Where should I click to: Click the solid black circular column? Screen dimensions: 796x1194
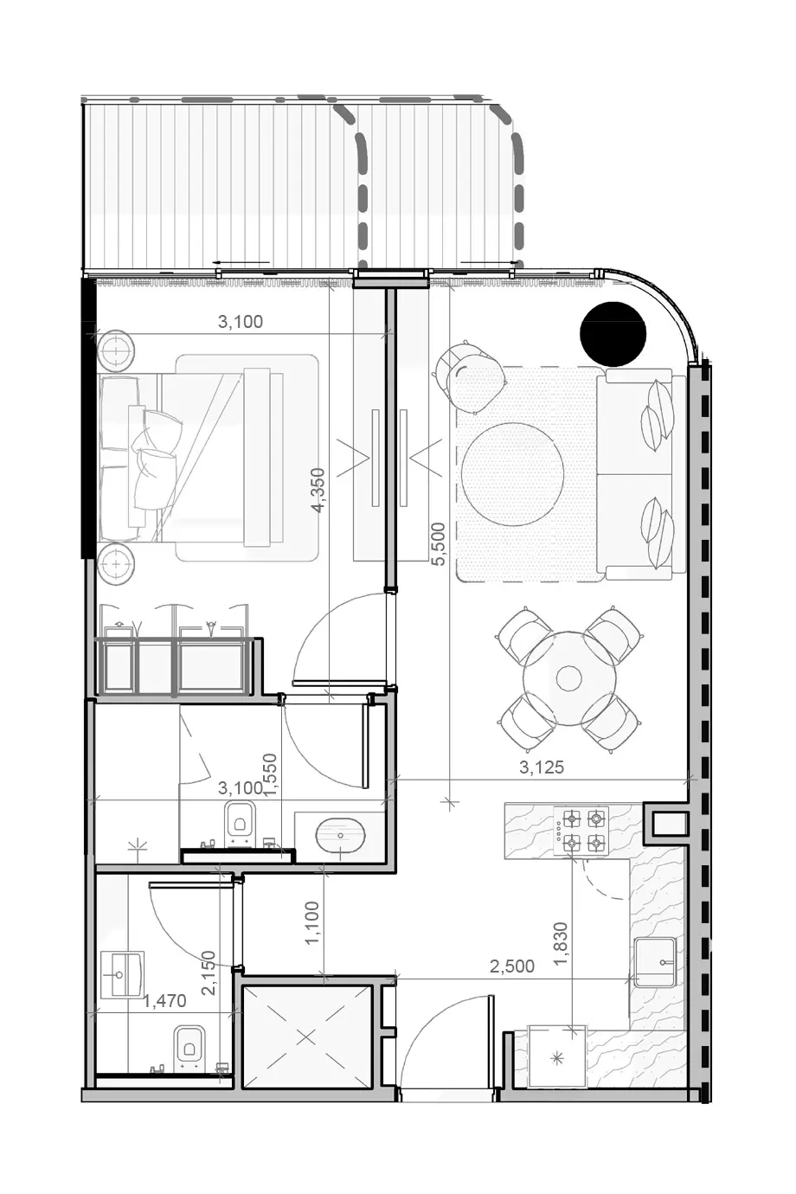[613, 334]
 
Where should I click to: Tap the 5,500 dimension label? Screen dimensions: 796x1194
[439, 543]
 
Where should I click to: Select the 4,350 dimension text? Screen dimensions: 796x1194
[318, 490]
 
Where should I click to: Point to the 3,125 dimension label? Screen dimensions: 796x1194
[541, 767]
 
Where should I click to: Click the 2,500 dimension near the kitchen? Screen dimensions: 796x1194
[512, 966]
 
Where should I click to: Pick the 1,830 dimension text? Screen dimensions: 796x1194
[561, 943]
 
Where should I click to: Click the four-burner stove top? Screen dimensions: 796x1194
[581, 830]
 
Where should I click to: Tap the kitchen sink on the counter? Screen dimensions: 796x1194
[655, 963]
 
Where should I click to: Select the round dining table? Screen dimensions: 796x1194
[568, 678]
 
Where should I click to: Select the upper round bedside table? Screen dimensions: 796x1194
[116, 350]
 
